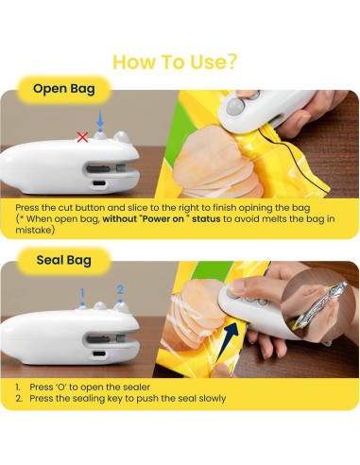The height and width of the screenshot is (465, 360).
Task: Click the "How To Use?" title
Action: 175,61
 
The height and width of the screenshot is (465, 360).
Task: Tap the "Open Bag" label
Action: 63,90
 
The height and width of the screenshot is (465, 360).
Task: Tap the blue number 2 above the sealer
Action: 119,289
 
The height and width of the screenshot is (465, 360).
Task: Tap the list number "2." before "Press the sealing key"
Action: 18,399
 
